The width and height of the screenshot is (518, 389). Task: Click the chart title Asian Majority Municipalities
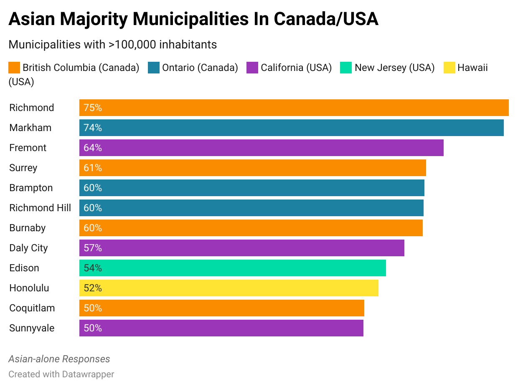193,19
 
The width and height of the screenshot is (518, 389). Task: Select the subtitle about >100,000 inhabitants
112,44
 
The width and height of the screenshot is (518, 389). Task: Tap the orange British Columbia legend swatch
14,68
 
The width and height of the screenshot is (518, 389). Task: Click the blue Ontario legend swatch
154,68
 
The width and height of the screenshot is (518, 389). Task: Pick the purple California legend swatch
252,68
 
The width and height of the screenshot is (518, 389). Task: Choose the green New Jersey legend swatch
346,68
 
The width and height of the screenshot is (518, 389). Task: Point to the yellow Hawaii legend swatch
449,68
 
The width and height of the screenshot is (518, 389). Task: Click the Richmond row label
32,108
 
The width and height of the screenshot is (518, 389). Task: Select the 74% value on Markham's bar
93,128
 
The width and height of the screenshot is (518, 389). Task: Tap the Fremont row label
28,148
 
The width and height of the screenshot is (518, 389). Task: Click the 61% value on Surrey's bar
93,168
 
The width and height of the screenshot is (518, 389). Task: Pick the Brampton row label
31,188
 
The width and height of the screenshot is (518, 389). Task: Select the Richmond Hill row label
40,208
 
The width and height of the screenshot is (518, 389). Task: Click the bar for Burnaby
251,228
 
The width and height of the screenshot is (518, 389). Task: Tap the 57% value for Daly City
93,248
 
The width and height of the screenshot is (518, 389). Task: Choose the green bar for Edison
232,268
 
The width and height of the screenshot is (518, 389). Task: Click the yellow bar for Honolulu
229,288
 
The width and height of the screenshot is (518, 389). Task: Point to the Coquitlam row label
32,308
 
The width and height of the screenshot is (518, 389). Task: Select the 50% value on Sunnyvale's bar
93,328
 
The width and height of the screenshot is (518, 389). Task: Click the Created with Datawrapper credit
61,374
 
